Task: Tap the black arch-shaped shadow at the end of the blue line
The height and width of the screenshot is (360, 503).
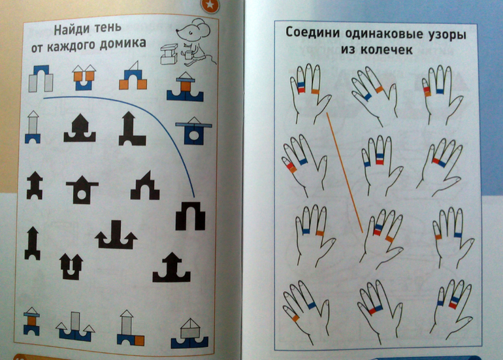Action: coord(190,216)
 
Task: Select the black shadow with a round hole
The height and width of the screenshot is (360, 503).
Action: coord(82,190)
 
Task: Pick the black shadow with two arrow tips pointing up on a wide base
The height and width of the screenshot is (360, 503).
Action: coord(116,235)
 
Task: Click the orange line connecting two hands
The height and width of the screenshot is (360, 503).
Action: coord(344,172)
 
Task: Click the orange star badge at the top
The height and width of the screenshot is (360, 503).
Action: coord(210,5)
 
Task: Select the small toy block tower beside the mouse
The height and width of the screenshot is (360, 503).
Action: coord(169,54)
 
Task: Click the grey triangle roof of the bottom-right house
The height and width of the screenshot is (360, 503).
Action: coord(190,324)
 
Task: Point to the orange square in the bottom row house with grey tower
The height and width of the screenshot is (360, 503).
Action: coord(139,340)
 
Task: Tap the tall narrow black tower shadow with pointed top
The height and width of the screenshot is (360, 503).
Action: coord(32,243)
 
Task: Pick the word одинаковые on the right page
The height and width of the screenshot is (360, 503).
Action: coord(382,33)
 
